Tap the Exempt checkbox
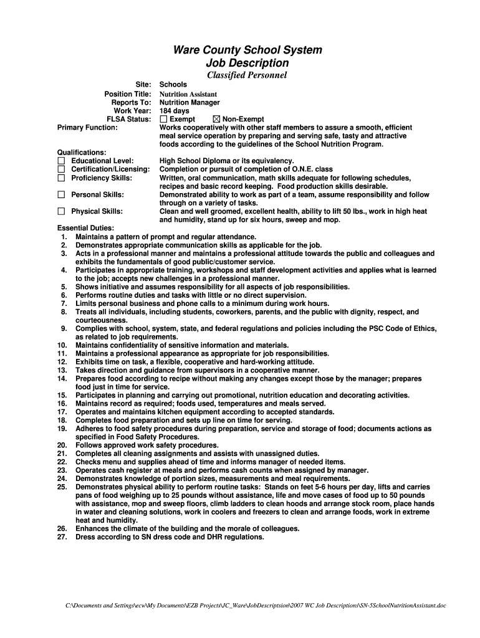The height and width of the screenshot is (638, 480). [x=164, y=119]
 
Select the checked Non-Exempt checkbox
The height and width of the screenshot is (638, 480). [x=217, y=119]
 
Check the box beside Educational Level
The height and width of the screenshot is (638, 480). [x=61, y=161]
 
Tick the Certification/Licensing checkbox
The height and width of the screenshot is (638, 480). [x=61, y=169]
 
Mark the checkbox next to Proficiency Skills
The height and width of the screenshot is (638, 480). [x=61, y=178]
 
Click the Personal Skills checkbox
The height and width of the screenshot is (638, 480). [x=61, y=195]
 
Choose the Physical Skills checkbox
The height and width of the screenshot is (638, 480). [x=61, y=211]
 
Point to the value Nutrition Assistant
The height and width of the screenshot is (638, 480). [x=188, y=94]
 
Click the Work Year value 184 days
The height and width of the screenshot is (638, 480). [x=175, y=111]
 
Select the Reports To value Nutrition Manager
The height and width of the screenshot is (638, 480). [x=190, y=102]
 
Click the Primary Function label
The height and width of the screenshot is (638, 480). [x=87, y=127]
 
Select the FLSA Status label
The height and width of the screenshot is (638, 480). [x=129, y=119]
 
